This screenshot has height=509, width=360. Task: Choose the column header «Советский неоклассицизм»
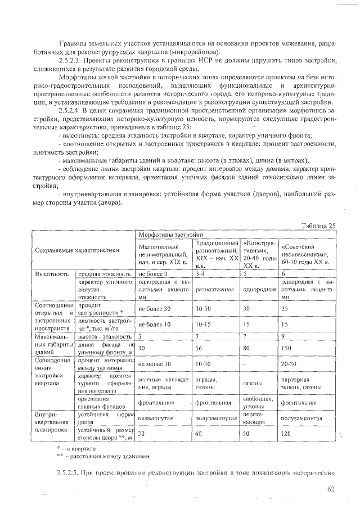(x=308, y=254)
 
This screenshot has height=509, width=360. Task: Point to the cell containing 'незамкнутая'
(x=155, y=418)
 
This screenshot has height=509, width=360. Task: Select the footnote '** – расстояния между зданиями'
(x=103, y=456)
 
